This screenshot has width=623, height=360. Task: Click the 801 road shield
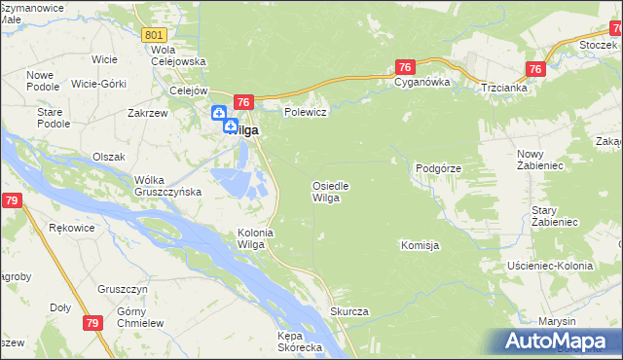tap(153, 35)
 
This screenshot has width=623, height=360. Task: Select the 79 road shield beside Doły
tap(92, 324)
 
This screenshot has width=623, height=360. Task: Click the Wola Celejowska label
tap(178, 55)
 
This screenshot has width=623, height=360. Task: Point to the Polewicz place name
tap(305, 112)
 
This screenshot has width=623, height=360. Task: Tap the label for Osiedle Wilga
tap(330, 192)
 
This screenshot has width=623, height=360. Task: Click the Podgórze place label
tap(438, 168)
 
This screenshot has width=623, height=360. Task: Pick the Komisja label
tap(421, 245)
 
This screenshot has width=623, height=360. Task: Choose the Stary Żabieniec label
tap(555, 217)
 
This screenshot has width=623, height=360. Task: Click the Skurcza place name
tap(348, 311)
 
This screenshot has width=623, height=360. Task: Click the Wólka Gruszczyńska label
tap(167, 185)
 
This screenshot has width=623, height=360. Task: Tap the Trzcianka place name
tap(503, 88)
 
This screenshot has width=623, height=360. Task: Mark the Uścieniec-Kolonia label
tap(550, 266)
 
